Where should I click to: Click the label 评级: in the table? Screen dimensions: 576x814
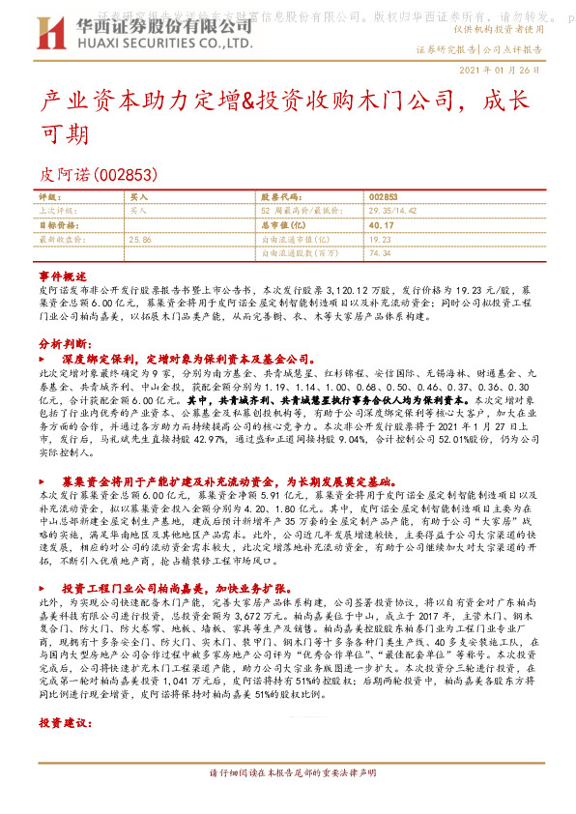(x=49, y=196)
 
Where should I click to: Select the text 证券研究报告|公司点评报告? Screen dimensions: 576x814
(x=478, y=48)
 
